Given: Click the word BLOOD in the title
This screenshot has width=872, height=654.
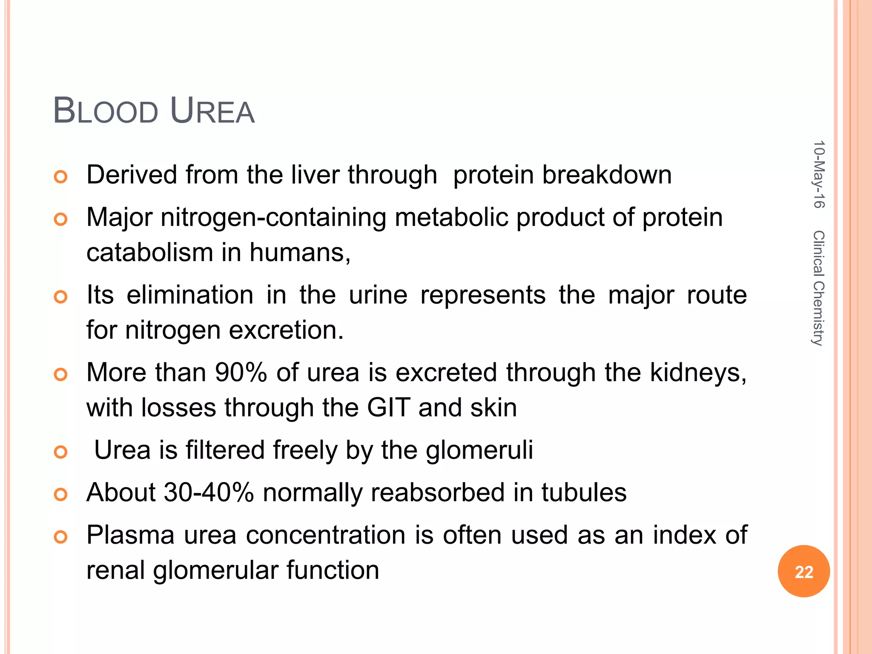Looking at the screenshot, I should click(106, 112).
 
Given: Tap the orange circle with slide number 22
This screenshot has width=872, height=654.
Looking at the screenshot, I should click(803, 571).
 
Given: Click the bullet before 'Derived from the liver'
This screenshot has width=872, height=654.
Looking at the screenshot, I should click(61, 176).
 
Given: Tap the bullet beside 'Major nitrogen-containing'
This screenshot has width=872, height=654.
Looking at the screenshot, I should click(61, 219).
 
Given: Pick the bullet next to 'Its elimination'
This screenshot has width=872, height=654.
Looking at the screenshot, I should click(61, 296).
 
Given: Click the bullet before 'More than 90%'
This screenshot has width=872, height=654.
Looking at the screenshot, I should click(61, 374).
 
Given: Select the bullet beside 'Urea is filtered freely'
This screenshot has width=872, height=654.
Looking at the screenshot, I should click(61, 452).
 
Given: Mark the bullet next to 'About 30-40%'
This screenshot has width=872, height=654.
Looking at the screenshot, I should click(61, 494).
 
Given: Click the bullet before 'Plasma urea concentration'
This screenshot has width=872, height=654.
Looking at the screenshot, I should click(61, 537).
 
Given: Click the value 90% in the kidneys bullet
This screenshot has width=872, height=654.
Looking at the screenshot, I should click(241, 373).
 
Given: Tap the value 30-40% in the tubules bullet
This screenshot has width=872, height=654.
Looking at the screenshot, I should click(209, 493).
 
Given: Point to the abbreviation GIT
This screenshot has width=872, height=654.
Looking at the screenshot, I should click(389, 407).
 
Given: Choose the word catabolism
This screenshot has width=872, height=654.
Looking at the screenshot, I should click(149, 252).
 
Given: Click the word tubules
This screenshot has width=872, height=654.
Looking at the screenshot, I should click(584, 493).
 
